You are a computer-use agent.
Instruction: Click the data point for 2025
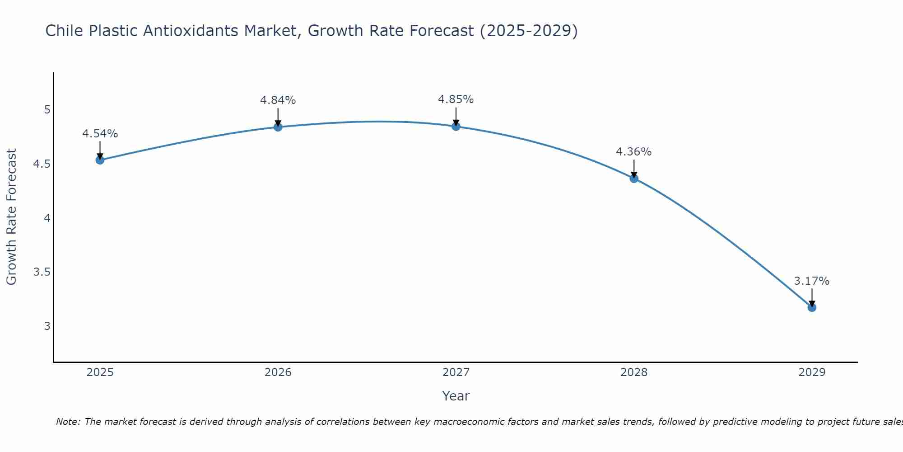tap(100, 160)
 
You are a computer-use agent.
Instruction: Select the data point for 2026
tap(278, 127)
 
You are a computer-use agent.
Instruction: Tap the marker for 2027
tap(456, 126)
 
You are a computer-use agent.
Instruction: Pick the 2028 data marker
tap(634, 178)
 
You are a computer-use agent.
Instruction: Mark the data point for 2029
tap(812, 307)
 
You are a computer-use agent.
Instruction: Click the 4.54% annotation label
tap(100, 134)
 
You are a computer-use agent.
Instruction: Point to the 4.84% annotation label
tap(278, 100)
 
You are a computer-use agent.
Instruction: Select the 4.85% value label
tap(456, 99)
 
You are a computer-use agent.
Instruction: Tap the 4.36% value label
tap(633, 152)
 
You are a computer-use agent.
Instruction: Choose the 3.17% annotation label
tap(811, 281)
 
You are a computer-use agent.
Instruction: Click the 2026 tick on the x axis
tap(278, 372)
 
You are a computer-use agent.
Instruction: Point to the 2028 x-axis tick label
tap(634, 372)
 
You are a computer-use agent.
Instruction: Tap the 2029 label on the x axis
tap(812, 372)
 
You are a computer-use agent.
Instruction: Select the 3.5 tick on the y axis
tap(42, 272)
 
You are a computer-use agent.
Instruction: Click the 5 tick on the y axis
tap(47, 110)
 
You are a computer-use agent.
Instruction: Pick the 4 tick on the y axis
tap(47, 218)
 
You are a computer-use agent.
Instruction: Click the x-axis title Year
tap(456, 396)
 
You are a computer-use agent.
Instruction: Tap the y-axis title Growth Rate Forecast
tap(11, 217)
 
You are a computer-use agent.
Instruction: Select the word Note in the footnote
tap(68, 422)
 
